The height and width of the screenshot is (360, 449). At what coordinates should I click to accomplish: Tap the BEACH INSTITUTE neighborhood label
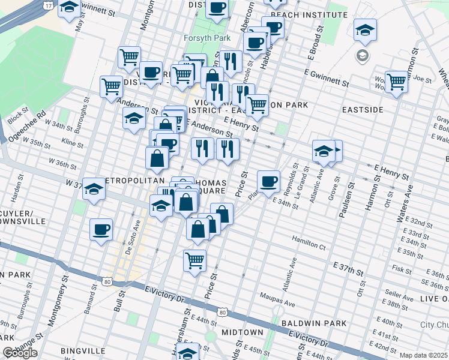click(309, 14)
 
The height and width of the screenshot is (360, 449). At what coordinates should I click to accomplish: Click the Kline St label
click(72, 143)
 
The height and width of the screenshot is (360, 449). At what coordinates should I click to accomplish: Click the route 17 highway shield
click(48, 5)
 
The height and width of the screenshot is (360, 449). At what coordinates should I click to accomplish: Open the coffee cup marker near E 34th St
click(268, 180)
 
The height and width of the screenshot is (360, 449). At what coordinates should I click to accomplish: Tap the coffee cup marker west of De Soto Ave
click(101, 229)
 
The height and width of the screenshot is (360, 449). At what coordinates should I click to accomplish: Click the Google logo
click(20, 352)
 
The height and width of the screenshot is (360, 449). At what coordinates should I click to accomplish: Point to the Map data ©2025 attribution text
click(423, 355)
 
